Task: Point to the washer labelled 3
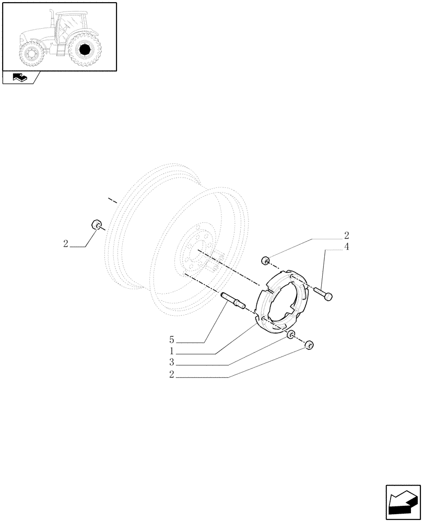click(x=291, y=335)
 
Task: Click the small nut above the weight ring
click(x=265, y=260)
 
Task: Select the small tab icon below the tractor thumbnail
click(x=19, y=78)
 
